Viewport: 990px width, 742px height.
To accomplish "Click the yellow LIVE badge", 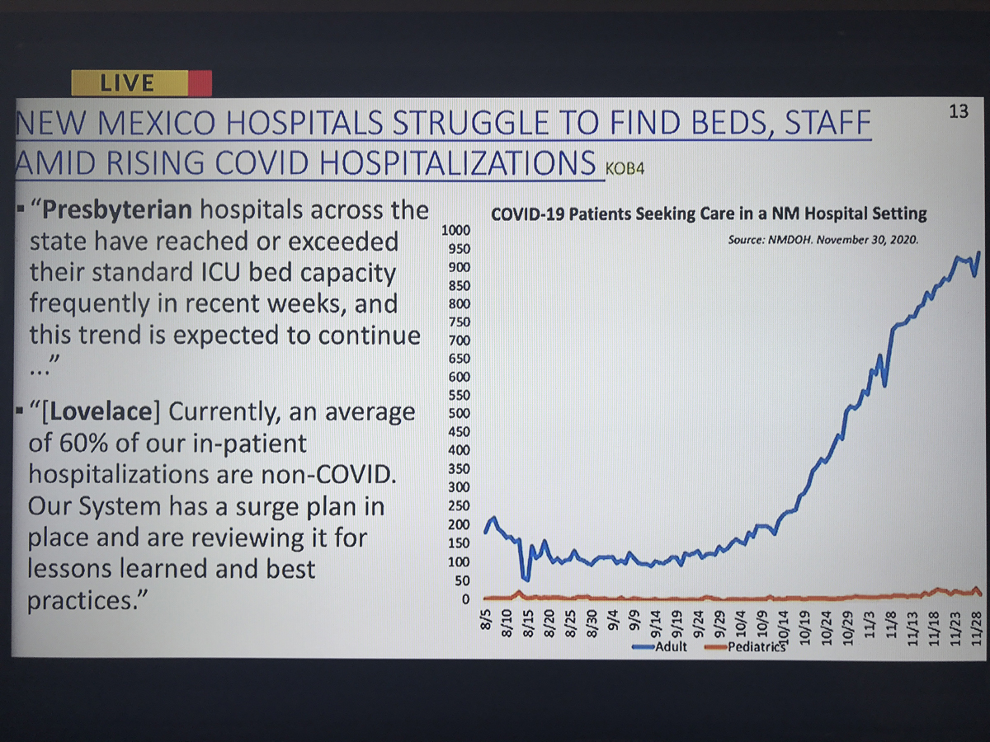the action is [130, 83].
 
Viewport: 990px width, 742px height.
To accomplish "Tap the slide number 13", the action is [959, 111].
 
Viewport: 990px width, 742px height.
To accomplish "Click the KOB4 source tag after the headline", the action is [625, 169].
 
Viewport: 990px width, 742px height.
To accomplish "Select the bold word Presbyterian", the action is [117, 211].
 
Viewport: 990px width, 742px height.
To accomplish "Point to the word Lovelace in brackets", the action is [101, 412].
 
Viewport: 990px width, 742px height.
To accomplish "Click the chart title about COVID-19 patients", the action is [709, 214].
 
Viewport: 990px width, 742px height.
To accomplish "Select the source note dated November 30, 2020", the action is [823, 240].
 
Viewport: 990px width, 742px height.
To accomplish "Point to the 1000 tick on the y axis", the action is [455, 230].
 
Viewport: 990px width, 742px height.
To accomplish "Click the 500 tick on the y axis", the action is [460, 413].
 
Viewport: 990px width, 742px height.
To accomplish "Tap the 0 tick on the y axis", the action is [465, 599].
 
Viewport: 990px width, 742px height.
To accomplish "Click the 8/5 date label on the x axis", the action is [485, 620].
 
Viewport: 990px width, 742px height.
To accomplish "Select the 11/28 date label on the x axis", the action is [976, 629].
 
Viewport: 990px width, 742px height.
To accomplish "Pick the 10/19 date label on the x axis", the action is [805, 629].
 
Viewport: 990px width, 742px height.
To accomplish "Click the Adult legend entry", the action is [660, 647].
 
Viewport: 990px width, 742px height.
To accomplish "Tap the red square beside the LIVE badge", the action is [200, 83].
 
